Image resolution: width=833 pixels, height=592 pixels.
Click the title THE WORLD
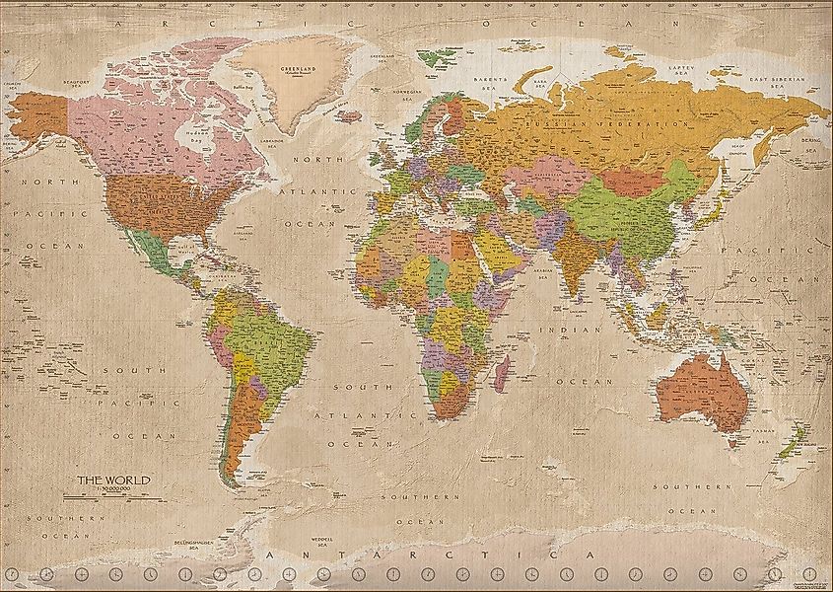(116, 480)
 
